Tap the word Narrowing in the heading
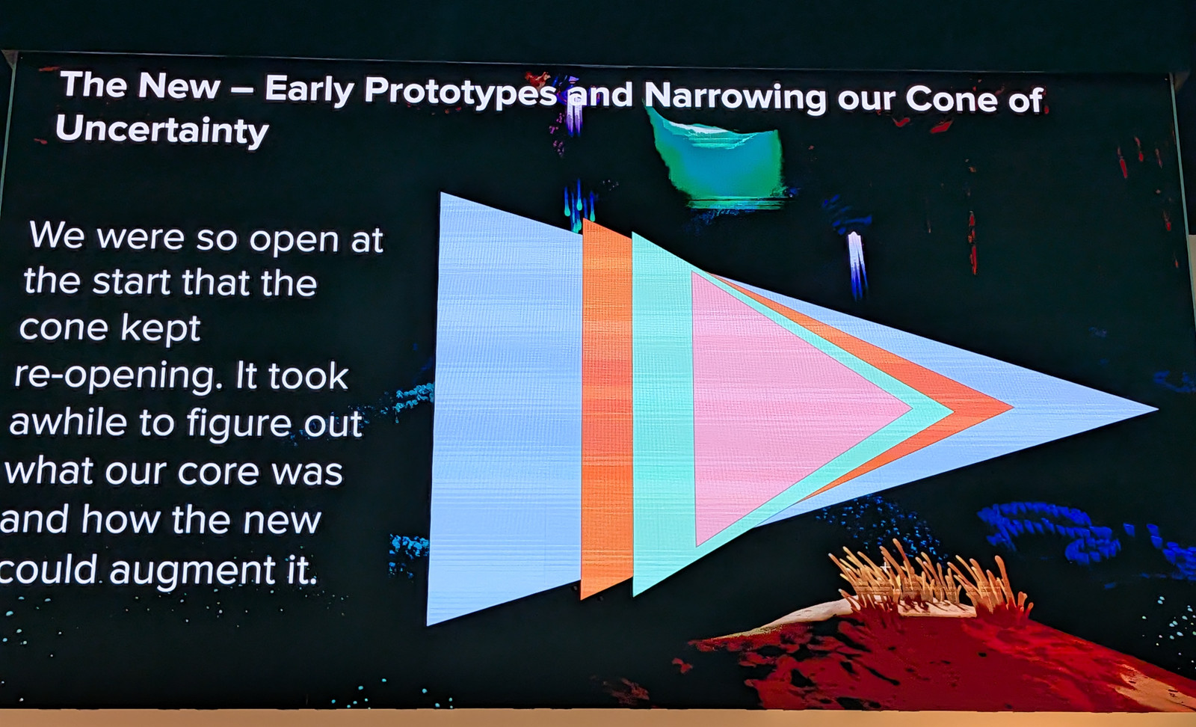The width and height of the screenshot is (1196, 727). point(736,96)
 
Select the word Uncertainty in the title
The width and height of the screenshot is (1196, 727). point(161,131)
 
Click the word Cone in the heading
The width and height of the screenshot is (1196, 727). point(952,99)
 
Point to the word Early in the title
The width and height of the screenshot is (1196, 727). point(309,89)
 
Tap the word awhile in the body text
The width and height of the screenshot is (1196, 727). point(67,423)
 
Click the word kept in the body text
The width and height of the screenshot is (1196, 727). point(160,328)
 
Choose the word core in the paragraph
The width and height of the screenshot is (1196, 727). point(218,472)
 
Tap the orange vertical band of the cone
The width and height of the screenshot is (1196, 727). point(606,408)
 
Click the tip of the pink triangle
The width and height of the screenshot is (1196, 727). point(911,410)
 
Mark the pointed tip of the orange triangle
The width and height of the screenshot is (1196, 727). point(1013,408)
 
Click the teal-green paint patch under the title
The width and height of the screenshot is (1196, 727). point(718,160)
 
